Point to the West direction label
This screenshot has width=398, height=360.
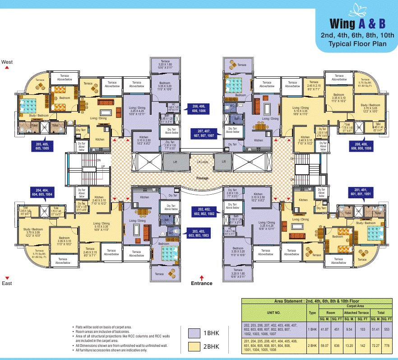7,62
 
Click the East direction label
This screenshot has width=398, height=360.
7,283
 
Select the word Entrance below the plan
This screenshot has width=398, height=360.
202,283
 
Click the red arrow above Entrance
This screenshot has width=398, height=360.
202,277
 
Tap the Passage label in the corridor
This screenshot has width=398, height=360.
203,178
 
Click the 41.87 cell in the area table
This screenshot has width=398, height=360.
325,329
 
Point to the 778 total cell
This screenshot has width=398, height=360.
387,345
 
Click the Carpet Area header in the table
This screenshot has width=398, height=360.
356,306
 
